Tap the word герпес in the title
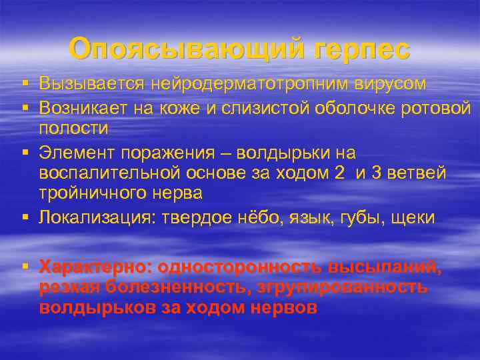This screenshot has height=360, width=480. [357, 49]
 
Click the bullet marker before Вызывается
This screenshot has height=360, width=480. [25, 85]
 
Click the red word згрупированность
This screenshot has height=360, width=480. [333, 287]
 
